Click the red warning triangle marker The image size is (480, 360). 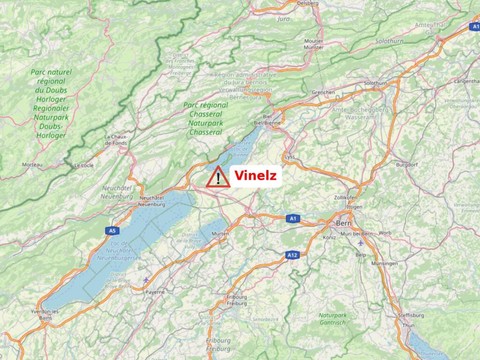point(218,177)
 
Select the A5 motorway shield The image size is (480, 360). point(112,231)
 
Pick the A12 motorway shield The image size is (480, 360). point(292,255)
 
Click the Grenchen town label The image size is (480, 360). point(323,92)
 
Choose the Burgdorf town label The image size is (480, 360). point(406,162)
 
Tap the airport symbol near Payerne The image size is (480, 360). point(146,280)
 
